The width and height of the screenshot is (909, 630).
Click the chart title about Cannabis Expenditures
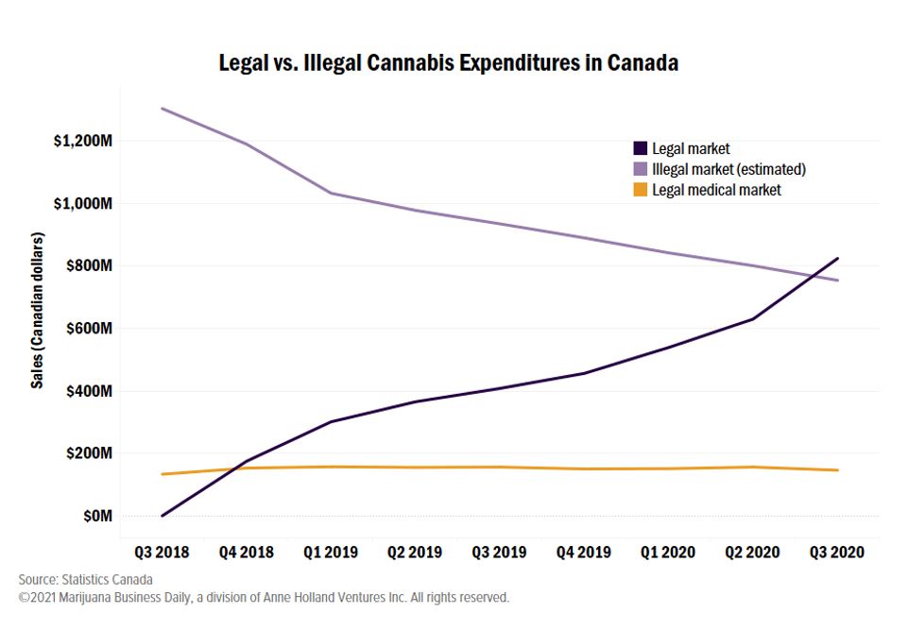coord(448,64)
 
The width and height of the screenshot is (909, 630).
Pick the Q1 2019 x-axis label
coord(330,552)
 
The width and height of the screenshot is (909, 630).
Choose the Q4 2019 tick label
coord(584,552)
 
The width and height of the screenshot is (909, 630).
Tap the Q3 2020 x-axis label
coord(837,552)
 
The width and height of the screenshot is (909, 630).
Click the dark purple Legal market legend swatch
coord(640,148)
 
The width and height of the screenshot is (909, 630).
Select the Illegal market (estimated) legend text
coord(729,169)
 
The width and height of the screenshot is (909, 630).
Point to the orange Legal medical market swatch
coord(640,190)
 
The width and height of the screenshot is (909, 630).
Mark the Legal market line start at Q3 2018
coord(162,516)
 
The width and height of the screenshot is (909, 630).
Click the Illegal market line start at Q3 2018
coord(162,109)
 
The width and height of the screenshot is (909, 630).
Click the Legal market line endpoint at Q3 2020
coord(838,258)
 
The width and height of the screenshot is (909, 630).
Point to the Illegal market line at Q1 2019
coord(330,193)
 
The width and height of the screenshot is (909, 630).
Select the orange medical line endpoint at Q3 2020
coord(838,470)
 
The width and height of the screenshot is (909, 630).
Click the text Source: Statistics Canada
coord(85,579)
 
